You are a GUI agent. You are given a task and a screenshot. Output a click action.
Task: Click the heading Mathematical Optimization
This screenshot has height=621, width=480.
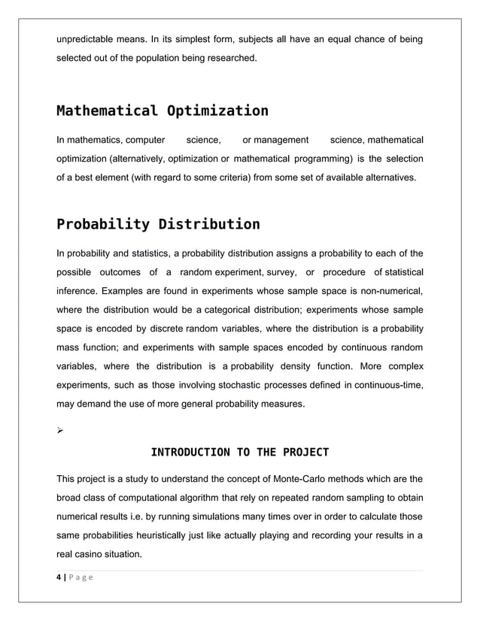[x=162, y=111]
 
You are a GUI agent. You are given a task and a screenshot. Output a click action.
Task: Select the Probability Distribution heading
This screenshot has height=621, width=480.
[x=158, y=224]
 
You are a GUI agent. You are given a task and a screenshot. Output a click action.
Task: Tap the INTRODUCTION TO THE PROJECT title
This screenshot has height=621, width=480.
[x=240, y=452]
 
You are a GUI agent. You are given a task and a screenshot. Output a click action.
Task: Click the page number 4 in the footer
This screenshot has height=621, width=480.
[x=59, y=577]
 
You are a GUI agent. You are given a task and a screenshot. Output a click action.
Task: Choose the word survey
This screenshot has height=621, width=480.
[x=282, y=271]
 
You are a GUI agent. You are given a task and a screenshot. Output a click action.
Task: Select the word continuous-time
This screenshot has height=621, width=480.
[x=384, y=385]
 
